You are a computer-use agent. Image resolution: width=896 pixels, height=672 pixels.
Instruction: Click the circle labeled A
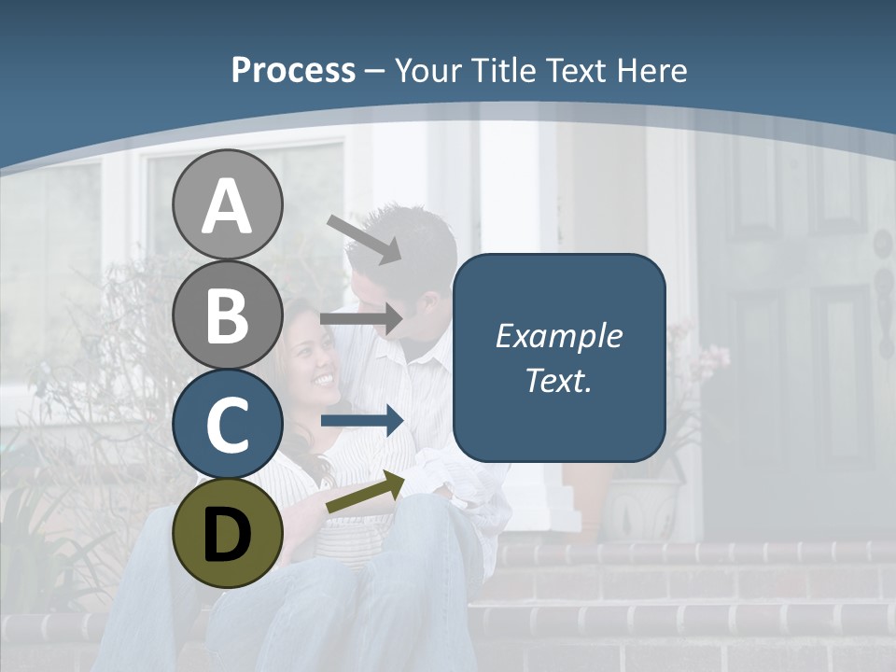click(x=227, y=204)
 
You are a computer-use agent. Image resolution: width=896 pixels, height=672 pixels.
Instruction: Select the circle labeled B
click(x=227, y=314)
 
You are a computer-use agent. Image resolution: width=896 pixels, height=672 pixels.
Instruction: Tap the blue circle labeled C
click(x=227, y=423)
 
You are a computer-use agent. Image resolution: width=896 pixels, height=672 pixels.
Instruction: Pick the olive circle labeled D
click(x=227, y=533)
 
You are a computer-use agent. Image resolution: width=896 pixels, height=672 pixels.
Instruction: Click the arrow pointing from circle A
click(x=364, y=239)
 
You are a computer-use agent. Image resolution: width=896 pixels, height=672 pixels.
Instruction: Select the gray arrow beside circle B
click(x=361, y=319)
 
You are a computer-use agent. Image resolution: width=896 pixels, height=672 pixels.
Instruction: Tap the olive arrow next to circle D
click(x=365, y=492)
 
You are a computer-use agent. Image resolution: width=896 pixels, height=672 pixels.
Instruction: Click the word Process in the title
click(x=293, y=71)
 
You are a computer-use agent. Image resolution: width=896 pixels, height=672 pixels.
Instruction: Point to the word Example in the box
click(x=558, y=336)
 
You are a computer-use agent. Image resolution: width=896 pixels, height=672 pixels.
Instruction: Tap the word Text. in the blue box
click(x=558, y=380)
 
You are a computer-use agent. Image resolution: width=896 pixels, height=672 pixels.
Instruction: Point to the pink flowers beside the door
click(x=705, y=359)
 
